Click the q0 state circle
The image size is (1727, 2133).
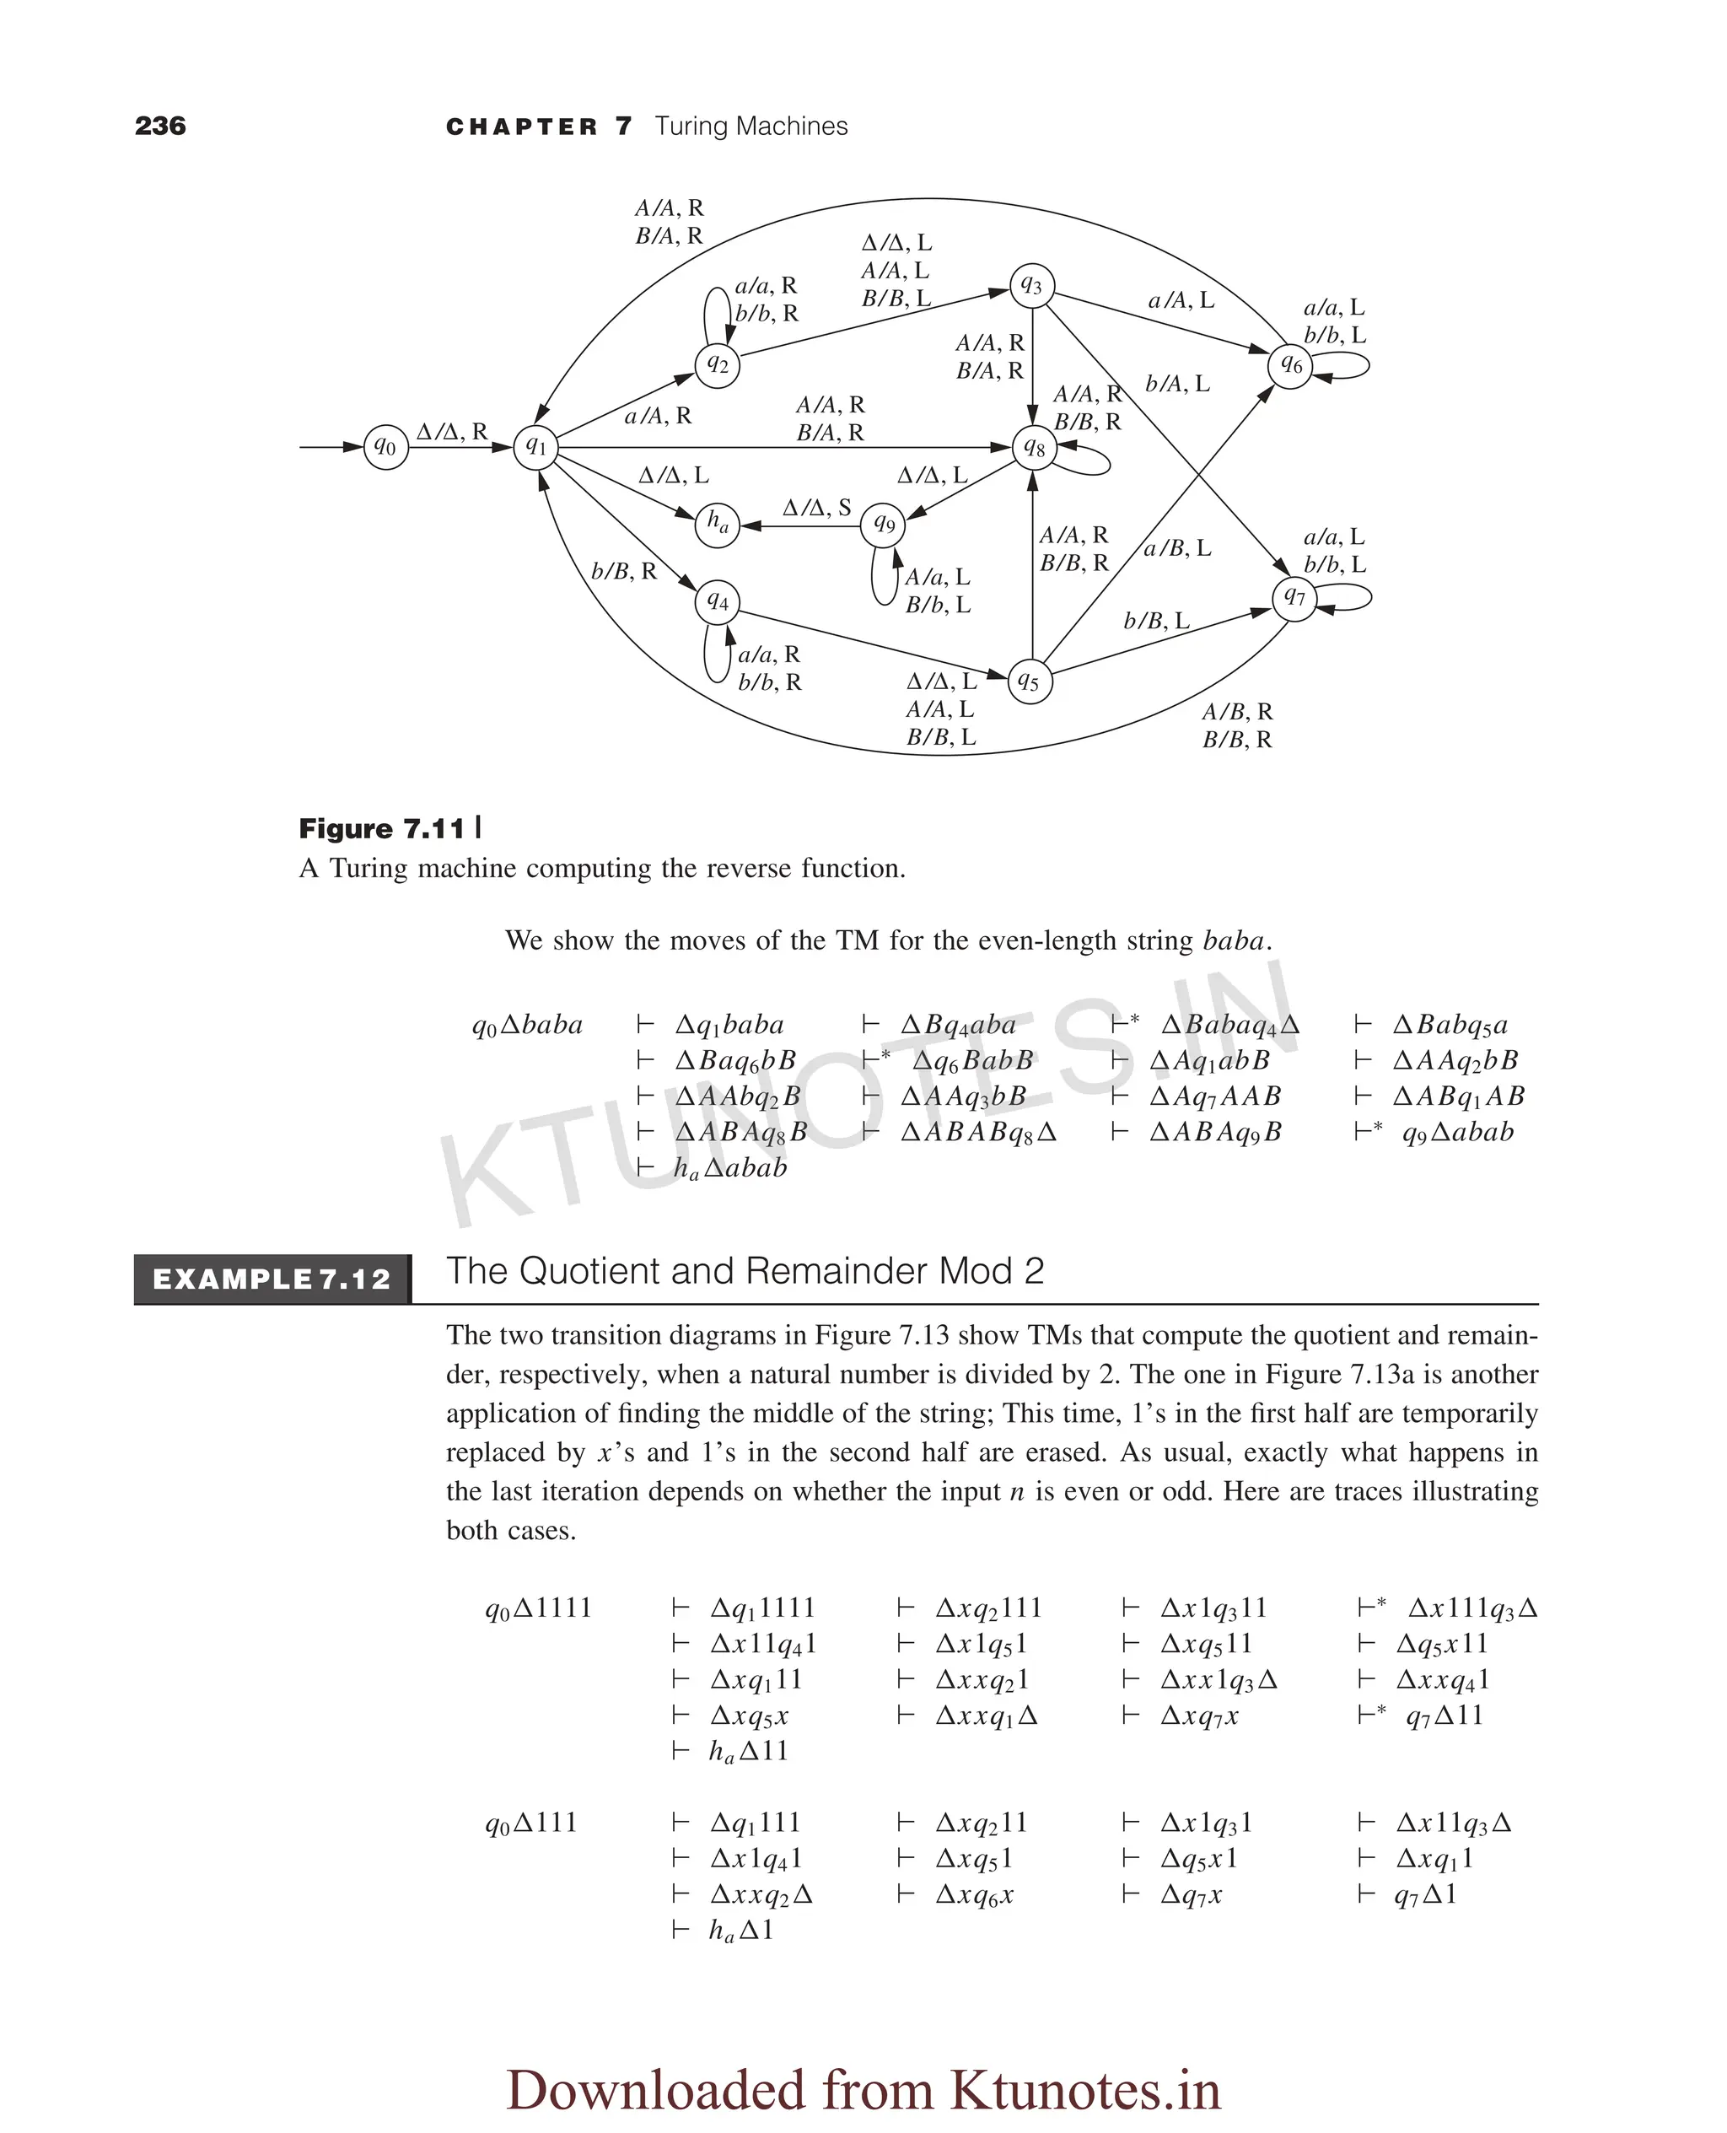(386, 448)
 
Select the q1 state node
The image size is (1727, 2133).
(536, 447)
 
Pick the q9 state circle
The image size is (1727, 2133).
(884, 523)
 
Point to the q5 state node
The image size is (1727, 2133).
(1030, 682)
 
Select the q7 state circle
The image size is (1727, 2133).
(1294, 598)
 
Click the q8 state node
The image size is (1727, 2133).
(1034, 448)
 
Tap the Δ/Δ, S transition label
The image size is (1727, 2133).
(817, 508)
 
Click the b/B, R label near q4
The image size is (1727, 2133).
(624, 571)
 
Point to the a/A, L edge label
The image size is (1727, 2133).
(1181, 300)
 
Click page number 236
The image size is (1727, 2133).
(160, 127)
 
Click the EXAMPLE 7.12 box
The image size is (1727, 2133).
(272, 1279)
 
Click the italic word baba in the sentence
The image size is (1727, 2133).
(1233, 940)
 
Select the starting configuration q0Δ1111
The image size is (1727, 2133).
(538, 1608)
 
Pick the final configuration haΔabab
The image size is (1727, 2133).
(730, 1168)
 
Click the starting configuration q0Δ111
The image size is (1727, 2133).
(531, 1823)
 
